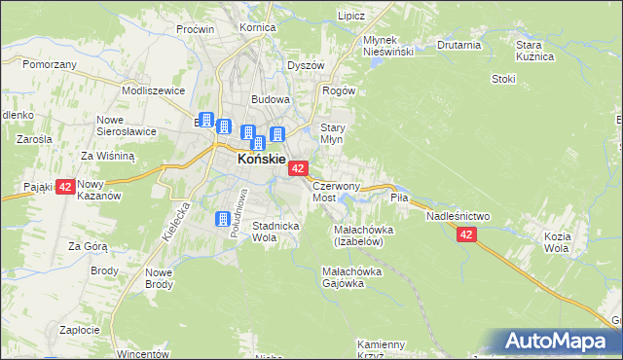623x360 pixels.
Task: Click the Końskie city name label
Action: tap(262, 158)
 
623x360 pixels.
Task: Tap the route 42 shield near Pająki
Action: tap(65, 186)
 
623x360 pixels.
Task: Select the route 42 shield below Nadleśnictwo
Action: tap(467, 234)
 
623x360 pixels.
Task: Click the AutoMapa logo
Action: tap(561, 341)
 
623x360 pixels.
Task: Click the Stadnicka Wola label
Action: tap(277, 232)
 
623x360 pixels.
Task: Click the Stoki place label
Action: tap(502, 79)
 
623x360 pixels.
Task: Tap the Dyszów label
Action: tap(306, 65)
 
